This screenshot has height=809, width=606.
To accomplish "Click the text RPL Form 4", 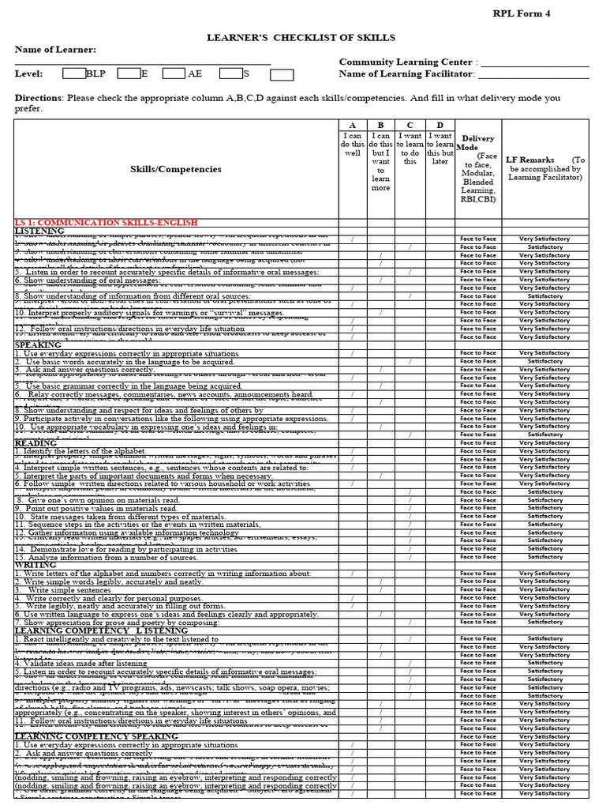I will click(522, 13).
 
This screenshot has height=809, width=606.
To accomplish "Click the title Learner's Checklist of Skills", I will click(301, 37).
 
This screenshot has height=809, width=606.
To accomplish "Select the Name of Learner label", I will click(55, 50).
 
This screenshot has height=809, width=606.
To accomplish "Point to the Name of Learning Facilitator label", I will click(407, 74).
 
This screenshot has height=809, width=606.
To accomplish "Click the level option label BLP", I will click(95, 74).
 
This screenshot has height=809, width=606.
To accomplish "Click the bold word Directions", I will click(39, 98).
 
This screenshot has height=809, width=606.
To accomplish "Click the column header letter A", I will click(352, 126).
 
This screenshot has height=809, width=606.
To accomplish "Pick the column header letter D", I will click(440, 126).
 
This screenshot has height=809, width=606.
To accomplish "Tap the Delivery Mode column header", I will click(478, 143).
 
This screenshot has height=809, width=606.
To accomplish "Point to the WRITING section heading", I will click(36, 565).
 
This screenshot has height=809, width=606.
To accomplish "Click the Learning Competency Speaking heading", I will click(96, 736).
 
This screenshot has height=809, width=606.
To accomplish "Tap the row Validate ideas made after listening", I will click(80, 663).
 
